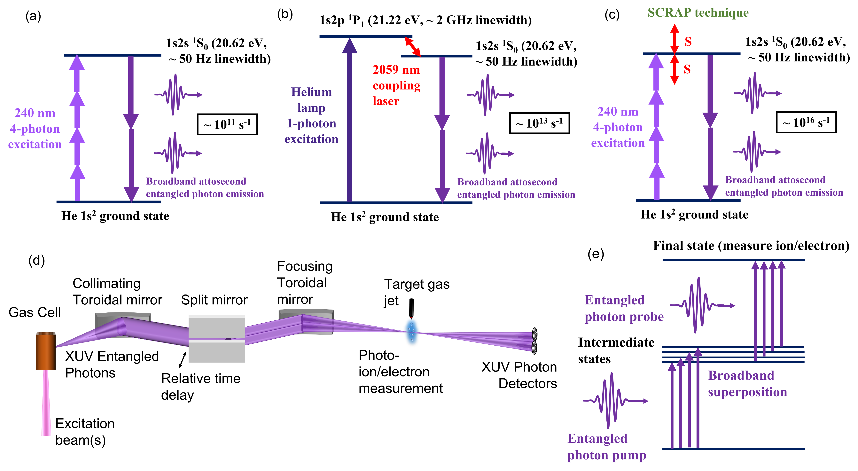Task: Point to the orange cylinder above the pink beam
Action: pyautogui.click(x=46, y=350)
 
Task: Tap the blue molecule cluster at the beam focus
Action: pyautogui.click(x=412, y=331)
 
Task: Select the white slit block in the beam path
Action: pyautogui.click(x=217, y=338)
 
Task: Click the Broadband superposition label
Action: pyautogui.click(x=747, y=384)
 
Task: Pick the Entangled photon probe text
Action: pyautogui.click(x=624, y=308)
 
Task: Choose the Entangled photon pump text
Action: pyautogui.click(x=606, y=447)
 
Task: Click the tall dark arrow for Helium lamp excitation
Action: pyautogui.click(x=349, y=120)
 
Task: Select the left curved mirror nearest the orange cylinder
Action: pyautogui.click(x=123, y=325)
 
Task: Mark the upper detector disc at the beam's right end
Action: pyautogui.click(x=534, y=334)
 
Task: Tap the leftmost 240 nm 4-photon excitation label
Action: pyautogui.click(x=35, y=129)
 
